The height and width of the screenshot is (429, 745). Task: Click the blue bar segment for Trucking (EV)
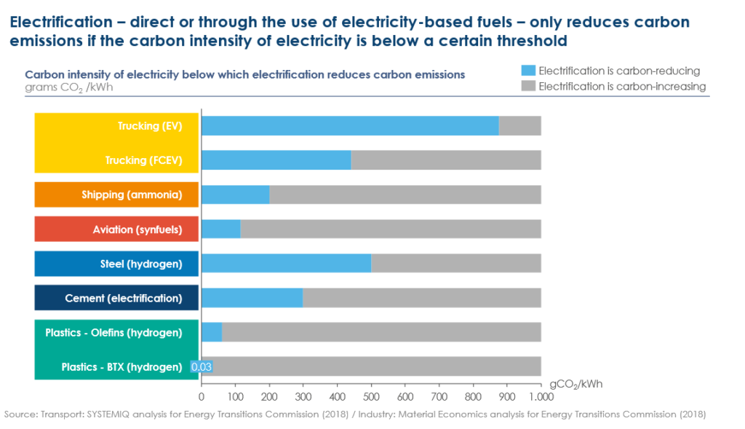tap(349, 125)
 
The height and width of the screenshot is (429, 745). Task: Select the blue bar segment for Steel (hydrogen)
tap(286, 263)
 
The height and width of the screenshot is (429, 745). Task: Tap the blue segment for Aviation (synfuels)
tap(220, 229)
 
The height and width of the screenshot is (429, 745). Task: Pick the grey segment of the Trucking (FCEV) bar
tap(446, 160)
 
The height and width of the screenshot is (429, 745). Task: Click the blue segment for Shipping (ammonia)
tap(235, 194)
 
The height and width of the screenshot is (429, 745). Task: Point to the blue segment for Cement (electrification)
tap(252, 297)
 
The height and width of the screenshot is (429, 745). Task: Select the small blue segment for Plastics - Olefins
tap(212, 332)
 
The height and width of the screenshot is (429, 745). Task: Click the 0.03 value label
tap(201, 367)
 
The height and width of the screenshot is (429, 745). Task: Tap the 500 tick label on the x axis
tap(371, 398)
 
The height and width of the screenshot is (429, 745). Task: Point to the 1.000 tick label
tap(541, 398)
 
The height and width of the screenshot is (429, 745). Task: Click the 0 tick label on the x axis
tap(202, 398)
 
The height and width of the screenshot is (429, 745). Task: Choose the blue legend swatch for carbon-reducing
tap(528, 71)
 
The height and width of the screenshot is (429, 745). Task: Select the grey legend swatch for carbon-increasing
tap(528, 86)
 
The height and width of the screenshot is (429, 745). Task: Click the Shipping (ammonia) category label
tap(131, 194)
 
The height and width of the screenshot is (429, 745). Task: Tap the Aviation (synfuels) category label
tap(137, 229)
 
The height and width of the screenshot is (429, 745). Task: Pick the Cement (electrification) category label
tap(123, 298)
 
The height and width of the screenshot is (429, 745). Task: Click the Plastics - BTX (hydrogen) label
tap(121, 367)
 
